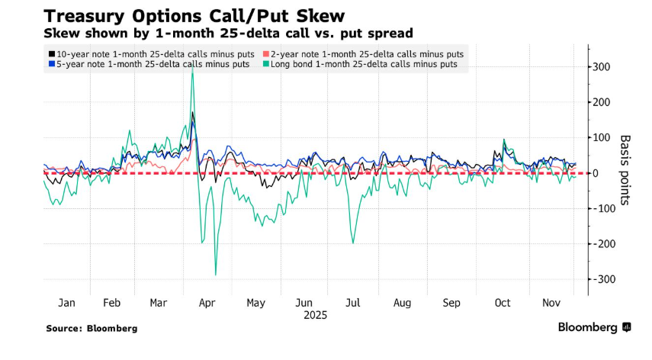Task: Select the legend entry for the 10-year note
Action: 148,54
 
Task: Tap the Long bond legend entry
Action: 359,65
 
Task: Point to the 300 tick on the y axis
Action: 602,67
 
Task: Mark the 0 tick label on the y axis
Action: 597,173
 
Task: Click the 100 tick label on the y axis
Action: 602,138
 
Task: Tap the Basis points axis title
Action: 625,170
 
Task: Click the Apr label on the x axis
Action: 207,303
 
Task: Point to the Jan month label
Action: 66,303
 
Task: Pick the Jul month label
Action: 353,303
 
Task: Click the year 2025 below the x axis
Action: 315,314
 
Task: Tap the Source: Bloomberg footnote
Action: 92,328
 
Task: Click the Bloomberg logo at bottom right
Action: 594,327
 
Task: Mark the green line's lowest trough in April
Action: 216,275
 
